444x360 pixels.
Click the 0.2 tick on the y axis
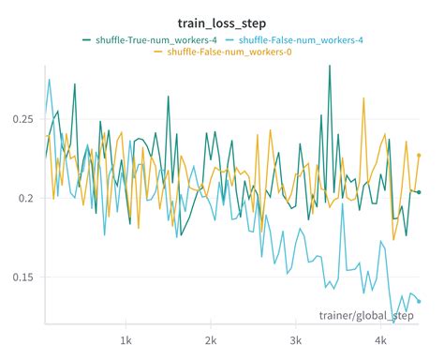26,198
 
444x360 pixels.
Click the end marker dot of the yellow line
419,155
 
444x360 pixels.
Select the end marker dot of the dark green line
419,192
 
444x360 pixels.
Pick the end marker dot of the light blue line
419,301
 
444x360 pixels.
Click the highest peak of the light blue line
50,80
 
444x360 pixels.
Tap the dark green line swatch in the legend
87,39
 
